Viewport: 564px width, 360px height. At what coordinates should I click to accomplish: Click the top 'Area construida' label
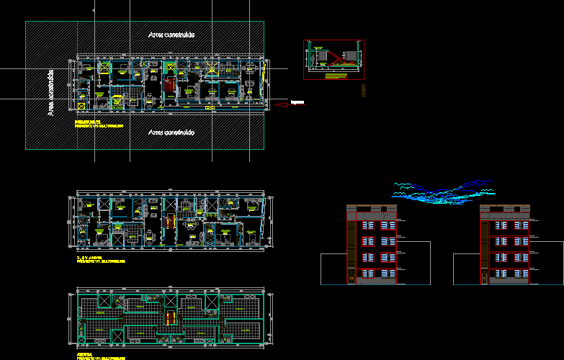point(171,34)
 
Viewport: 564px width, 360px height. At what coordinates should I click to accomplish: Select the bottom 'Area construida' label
point(171,132)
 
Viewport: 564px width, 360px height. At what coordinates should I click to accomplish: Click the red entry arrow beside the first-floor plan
point(282,104)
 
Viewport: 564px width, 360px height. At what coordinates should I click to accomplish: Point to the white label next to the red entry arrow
point(297,103)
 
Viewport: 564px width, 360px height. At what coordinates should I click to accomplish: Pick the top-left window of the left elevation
point(367,225)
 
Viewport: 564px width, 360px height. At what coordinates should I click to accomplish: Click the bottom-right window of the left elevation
point(388,273)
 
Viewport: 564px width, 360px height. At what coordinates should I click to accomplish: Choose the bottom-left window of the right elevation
point(500,273)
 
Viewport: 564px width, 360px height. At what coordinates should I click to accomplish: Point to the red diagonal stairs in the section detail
point(333,58)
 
